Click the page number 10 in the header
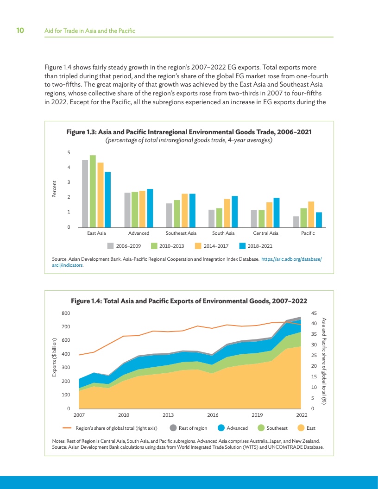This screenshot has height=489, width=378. [20, 31]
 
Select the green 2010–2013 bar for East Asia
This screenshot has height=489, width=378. [93, 191]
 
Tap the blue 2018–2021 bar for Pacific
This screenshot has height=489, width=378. [319, 220]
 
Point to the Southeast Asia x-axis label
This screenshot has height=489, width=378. [181, 233]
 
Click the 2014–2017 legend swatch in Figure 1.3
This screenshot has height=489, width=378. [198, 246]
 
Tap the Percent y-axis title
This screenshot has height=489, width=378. [54, 190]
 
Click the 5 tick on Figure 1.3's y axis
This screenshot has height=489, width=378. [69, 152]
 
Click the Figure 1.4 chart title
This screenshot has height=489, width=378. [189, 301]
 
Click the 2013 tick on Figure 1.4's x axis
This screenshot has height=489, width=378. [168, 414]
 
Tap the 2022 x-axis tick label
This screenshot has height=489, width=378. [302, 414]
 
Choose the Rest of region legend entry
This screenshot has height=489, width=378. [189, 428]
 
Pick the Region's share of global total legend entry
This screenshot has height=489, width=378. [111, 428]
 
